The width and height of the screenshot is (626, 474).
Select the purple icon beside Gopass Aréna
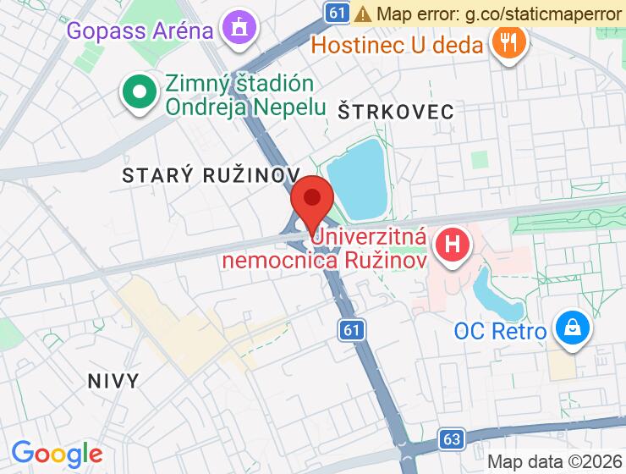click(239, 27)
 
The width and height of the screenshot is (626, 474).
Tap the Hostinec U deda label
click(397, 44)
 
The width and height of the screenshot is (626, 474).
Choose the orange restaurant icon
click(508, 41)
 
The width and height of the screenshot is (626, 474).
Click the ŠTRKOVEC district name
click(396, 111)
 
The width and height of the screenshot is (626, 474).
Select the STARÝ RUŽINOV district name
click(211, 175)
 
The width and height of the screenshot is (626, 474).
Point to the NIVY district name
click(113, 381)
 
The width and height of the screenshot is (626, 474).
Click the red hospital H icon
click(453, 246)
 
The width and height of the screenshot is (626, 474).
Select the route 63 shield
click(452, 438)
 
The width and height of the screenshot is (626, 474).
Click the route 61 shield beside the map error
click(337, 12)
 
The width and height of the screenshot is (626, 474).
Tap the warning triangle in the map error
click(364, 14)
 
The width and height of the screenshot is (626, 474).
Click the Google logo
click(57, 454)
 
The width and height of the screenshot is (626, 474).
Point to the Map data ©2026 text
click(554, 462)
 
